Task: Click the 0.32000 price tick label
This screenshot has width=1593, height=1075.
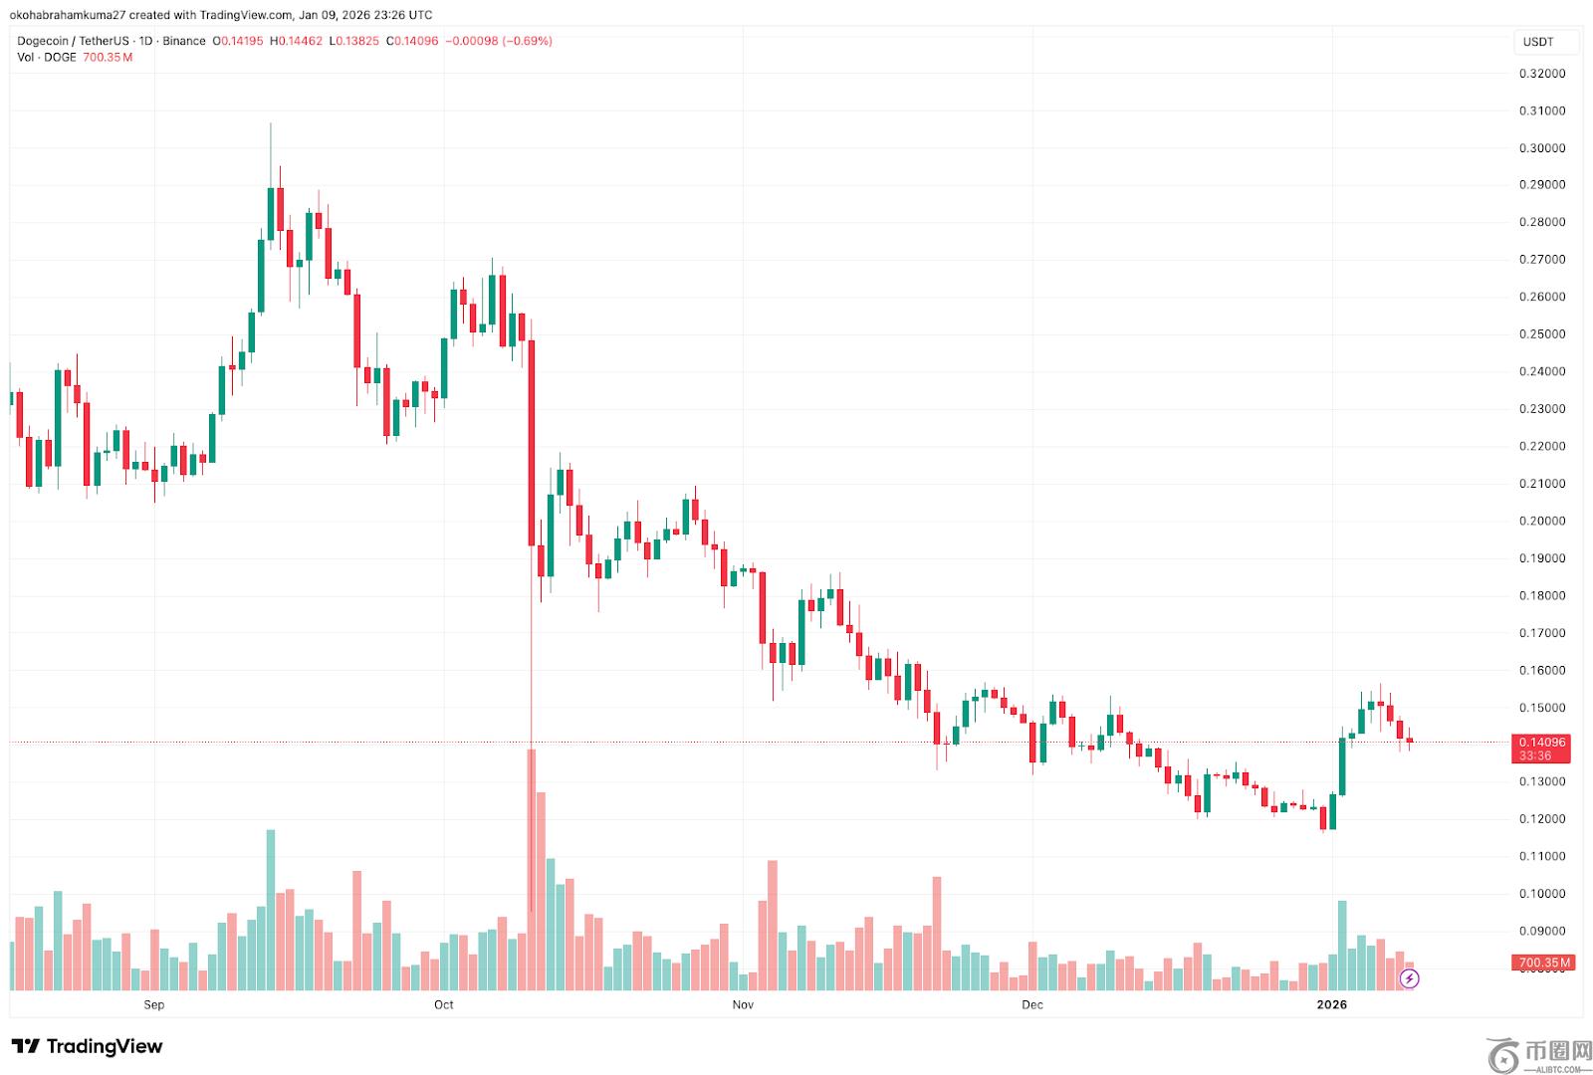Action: [x=1541, y=74]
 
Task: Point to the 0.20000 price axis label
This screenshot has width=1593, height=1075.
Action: [x=1541, y=521]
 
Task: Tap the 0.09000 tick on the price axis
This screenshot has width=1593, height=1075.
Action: [x=1541, y=932]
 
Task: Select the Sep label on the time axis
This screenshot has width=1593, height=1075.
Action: [x=154, y=1004]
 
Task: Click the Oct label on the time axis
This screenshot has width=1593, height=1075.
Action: [x=444, y=1004]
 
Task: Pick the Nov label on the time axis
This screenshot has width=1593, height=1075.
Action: [x=743, y=1004]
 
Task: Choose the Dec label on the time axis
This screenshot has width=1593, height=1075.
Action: [x=1032, y=1004]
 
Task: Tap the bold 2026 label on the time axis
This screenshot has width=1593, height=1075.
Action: [x=1331, y=1004]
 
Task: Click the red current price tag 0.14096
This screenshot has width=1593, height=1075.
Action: [x=1541, y=743]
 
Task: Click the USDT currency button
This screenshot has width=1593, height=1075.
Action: [x=1538, y=42]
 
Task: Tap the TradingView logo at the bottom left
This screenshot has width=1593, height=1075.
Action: [x=88, y=1046]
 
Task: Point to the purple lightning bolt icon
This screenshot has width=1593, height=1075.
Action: [x=1409, y=979]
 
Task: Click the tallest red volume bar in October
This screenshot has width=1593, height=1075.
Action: [x=532, y=866]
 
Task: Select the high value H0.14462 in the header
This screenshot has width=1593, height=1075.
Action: [x=297, y=41]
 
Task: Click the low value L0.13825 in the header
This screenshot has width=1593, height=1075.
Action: [x=353, y=41]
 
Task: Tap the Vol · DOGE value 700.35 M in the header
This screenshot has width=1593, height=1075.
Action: [x=108, y=57]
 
